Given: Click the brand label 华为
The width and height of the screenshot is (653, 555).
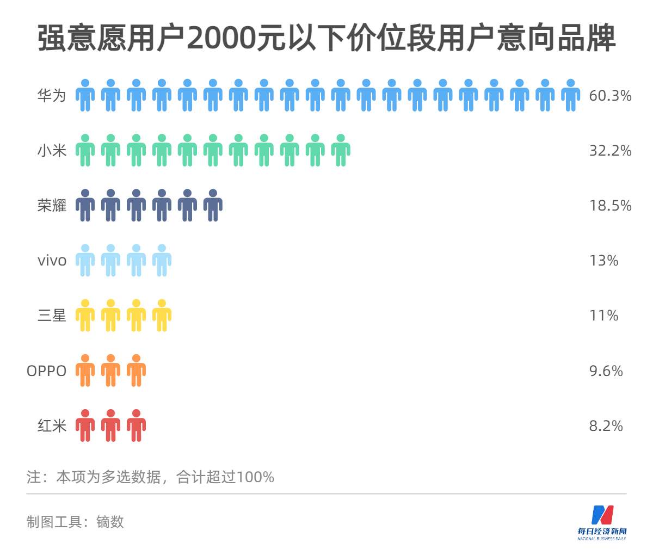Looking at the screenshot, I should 52,96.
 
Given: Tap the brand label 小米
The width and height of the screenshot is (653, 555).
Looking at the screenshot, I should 52,151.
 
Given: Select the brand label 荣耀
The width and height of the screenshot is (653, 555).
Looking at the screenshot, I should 52,206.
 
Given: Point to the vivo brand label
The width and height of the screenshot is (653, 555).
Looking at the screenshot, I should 52,261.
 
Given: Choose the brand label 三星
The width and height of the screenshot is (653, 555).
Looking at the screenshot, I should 52,316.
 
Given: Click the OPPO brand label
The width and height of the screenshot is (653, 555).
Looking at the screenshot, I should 47,371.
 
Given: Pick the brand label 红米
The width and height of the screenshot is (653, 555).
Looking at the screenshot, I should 52,426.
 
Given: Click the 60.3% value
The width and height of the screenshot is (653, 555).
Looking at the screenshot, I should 610,96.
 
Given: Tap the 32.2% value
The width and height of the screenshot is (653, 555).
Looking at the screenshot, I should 610,151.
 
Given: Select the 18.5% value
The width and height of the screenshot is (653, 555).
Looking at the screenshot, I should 610,206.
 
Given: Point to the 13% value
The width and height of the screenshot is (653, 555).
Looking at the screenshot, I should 603,261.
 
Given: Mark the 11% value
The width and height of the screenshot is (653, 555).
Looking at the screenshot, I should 603,316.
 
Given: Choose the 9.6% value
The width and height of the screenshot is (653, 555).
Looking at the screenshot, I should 606,371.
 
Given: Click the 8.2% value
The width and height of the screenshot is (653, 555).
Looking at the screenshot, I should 606,426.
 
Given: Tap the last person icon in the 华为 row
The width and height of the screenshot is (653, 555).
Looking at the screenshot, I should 570,96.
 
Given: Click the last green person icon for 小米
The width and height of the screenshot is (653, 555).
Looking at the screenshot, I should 341,151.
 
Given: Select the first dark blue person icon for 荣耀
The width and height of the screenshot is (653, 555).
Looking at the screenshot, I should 85,206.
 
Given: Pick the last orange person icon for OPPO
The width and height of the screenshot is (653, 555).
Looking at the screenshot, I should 136,371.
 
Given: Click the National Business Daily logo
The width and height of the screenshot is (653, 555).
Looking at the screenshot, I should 602,522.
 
